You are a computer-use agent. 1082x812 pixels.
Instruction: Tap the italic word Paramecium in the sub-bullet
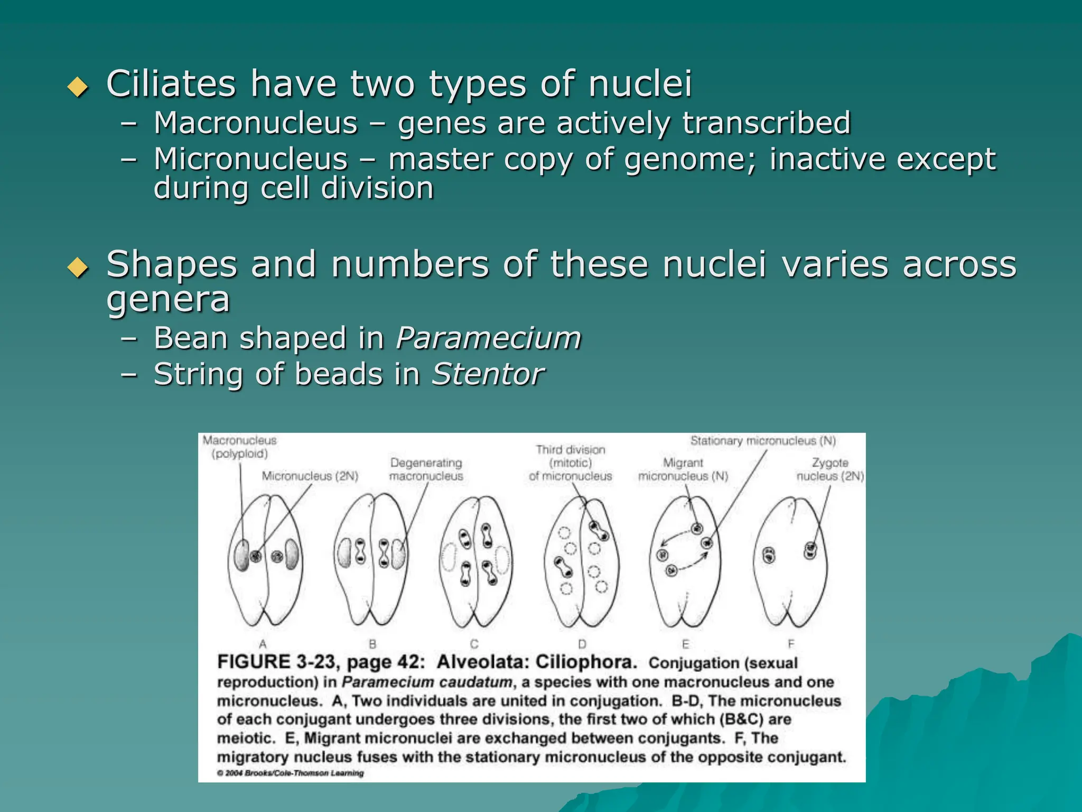click(x=488, y=338)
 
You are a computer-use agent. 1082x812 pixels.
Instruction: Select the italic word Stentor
click(x=488, y=374)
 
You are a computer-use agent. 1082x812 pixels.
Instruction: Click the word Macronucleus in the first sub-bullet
click(x=256, y=123)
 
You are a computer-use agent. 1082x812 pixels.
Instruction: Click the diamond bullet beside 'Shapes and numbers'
click(x=78, y=267)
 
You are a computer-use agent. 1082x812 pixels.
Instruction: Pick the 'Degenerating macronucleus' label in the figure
click(x=426, y=469)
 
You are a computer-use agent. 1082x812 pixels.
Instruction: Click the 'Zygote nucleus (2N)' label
click(x=829, y=469)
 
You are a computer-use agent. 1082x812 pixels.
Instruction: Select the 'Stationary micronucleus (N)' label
click(x=763, y=441)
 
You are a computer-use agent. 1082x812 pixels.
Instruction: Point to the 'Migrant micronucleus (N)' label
click(x=683, y=469)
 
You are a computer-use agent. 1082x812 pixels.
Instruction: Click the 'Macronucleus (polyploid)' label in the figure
click(x=240, y=447)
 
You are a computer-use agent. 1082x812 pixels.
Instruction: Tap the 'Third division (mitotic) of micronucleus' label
click(x=570, y=463)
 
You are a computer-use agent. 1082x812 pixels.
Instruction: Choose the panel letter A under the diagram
click(x=263, y=644)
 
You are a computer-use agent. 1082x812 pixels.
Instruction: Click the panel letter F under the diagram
click(x=791, y=644)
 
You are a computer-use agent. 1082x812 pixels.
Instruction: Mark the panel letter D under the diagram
click(x=582, y=644)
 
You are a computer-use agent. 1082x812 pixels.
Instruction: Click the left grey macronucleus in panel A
click(x=241, y=555)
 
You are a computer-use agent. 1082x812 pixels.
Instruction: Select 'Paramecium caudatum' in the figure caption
click(x=427, y=682)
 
